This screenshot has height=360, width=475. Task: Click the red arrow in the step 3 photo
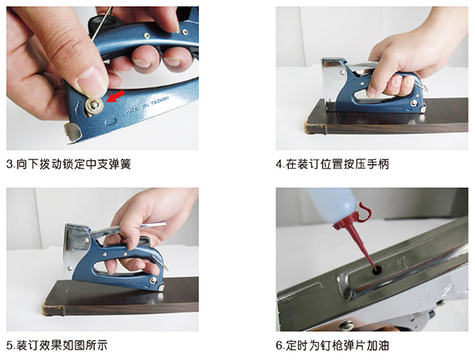pos(115,96)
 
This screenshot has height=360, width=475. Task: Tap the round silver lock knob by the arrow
pos(93,104)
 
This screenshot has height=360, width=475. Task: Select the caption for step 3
pos(68,164)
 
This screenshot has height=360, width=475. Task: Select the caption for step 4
pos(332,164)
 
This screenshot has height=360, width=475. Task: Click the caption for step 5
pos(57,345)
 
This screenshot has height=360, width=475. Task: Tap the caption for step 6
pos(332,345)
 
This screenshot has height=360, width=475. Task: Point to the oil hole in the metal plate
pos(377,270)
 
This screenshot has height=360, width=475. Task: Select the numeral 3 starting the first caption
pos(9,164)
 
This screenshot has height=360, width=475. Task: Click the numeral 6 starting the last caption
pos(279,346)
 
